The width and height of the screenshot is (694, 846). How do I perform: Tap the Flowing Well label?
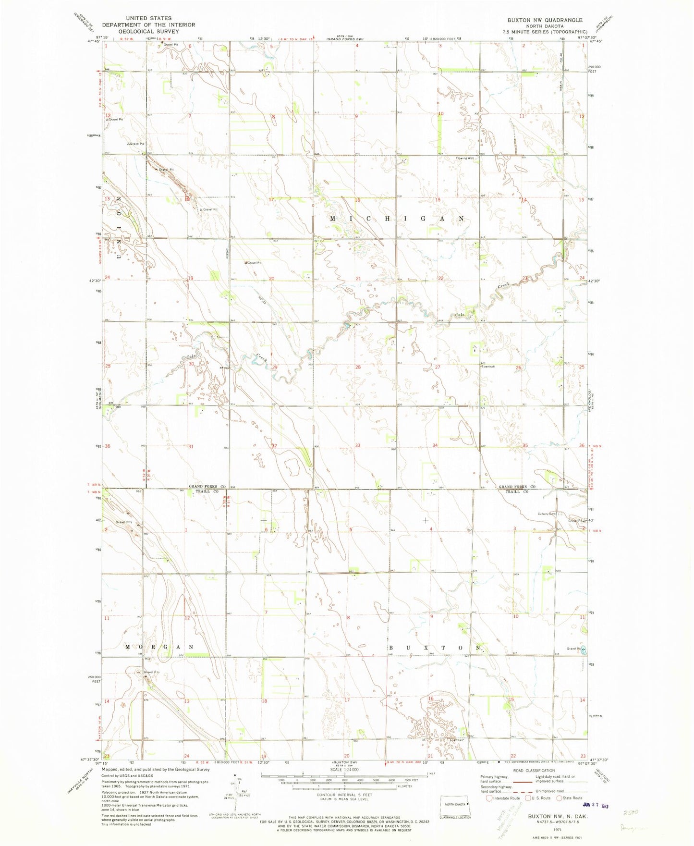tap(465, 158)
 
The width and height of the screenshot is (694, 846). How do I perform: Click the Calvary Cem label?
tap(546, 514)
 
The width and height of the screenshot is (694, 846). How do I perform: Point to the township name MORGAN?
tap(159, 647)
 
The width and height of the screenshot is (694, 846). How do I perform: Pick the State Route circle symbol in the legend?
tap(559, 798)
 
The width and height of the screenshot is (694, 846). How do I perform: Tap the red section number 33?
tap(358, 446)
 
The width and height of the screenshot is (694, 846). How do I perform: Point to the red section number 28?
tap(358, 367)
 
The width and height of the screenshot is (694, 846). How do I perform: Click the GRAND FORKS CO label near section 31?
tap(207, 487)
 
